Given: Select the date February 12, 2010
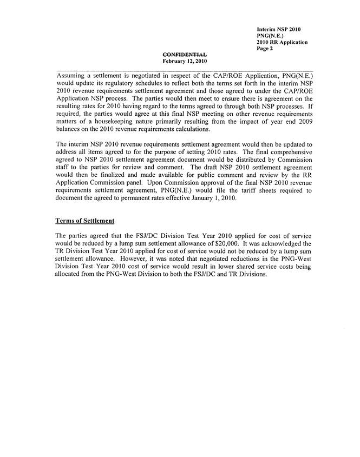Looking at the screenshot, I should click(185, 61).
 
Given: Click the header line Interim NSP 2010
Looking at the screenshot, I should click(279, 28).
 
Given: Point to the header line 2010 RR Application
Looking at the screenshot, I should click(282, 42).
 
